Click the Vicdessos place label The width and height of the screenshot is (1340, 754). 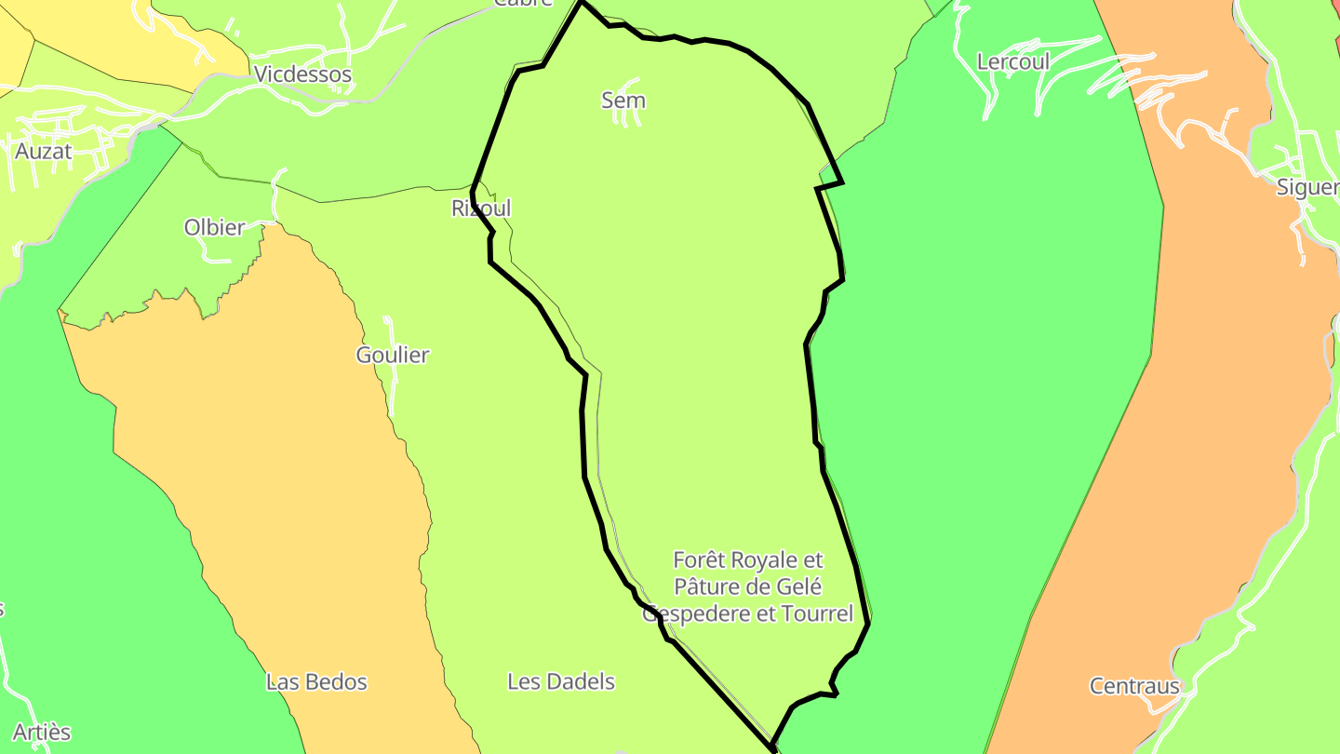pos(303,74)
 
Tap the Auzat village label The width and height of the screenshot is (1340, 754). pos(44,151)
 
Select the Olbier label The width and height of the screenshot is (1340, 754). pos(215,227)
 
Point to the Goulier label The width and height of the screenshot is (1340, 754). pos(393,355)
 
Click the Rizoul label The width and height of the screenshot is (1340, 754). pos(481,209)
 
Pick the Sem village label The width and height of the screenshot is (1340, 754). pos(623,101)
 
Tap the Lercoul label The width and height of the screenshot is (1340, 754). pos(1013,62)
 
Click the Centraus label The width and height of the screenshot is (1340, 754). pos(1134,687)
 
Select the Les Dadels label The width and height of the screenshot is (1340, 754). pos(561,681)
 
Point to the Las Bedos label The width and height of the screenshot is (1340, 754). pos(316,682)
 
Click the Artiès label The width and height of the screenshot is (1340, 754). pos(42,733)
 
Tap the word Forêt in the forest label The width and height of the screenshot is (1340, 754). pos(700,560)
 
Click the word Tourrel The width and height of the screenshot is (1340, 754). pos(819,614)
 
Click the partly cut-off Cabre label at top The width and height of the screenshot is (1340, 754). pos(522,3)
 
